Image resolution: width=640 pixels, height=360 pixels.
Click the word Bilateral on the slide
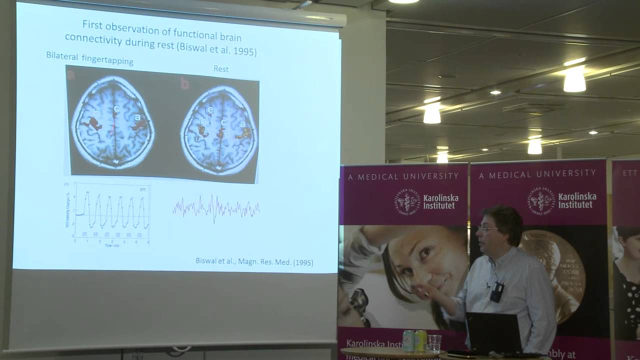tap(61, 56)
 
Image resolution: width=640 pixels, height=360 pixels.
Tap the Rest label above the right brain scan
tap(220, 69)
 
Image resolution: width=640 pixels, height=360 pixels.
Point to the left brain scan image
tap(112, 122)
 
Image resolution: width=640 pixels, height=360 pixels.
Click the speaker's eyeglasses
tap(487, 229)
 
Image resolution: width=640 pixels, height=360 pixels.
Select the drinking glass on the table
tap(434, 343)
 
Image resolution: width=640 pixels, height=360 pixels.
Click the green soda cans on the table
tap(415, 340)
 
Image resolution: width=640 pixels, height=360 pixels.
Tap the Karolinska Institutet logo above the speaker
tap(561, 200)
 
